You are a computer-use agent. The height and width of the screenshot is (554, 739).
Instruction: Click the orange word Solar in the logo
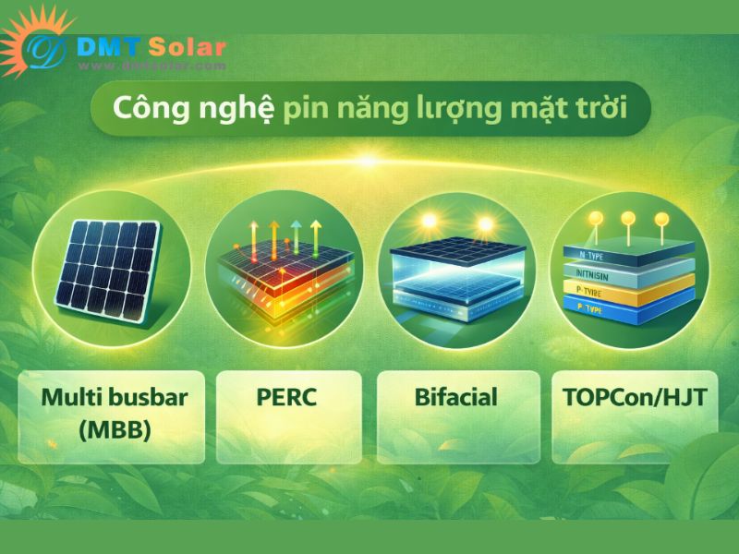pos(184,46)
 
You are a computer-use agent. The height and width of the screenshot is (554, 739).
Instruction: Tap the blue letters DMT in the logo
pos(110,46)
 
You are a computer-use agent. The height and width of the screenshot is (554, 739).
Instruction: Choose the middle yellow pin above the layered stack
pos(628,219)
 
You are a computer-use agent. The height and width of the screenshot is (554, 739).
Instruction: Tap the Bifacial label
pos(455,399)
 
